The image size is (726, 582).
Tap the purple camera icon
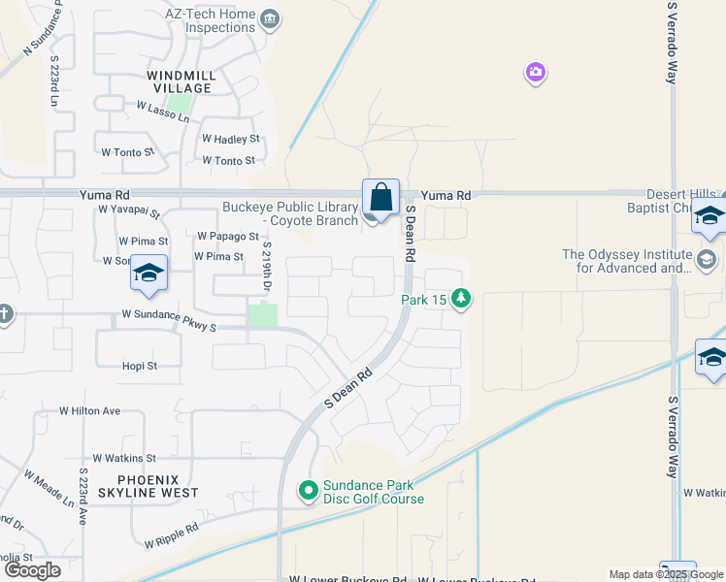pos(536,73)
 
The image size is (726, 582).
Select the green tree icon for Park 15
pos(462,299)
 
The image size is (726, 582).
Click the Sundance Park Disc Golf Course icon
pos(309,492)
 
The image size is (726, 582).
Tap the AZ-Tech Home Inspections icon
pos(271,18)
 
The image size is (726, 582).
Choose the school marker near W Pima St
pos(148,274)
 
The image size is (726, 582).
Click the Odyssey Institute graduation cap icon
pos(707,261)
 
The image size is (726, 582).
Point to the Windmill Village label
pos(180,81)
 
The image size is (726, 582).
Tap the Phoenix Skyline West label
pos(157,486)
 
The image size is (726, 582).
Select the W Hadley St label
pos(231,140)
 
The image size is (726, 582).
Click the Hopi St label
pos(139,366)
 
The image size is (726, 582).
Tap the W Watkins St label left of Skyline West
pos(124,458)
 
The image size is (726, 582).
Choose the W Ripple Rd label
pos(171,530)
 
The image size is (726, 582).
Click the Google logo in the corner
pos(32,570)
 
